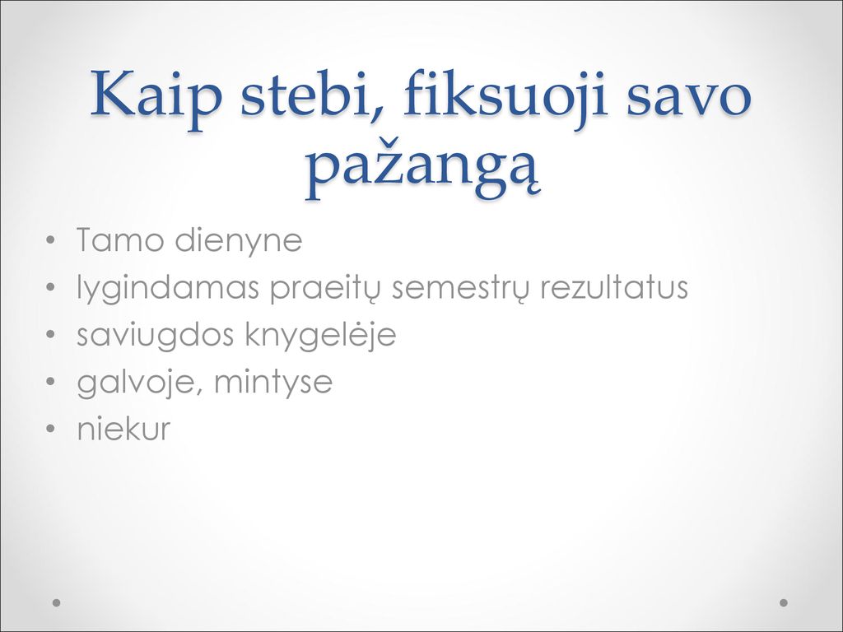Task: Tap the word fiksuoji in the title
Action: click(x=506, y=97)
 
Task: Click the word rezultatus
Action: click(x=614, y=287)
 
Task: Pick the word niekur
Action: click(x=123, y=429)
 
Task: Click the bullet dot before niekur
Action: click(x=51, y=429)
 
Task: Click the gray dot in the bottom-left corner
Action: click(x=56, y=602)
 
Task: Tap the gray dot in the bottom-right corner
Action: click(x=784, y=602)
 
